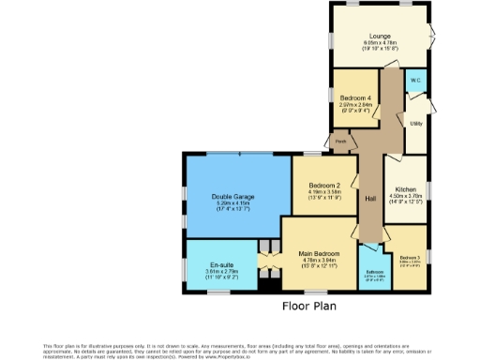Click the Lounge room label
click(x=380, y=35)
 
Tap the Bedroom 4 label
click(x=356, y=98)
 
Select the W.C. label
click(x=415, y=81)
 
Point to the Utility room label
click(x=413, y=123)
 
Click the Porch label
click(x=341, y=142)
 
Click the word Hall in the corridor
click(x=370, y=199)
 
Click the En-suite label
click(x=223, y=265)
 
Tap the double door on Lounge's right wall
click(x=431, y=36)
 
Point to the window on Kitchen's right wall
click(x=428, y=193)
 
